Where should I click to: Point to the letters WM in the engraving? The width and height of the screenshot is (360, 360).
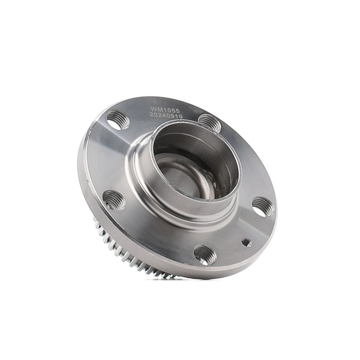point(156,110)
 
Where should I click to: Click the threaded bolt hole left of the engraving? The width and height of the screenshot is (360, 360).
point(118,120)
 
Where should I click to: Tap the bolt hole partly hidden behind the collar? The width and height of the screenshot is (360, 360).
point(209,122)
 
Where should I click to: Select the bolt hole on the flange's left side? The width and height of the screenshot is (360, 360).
point(113,199)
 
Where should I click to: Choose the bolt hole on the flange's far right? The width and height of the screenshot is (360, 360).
point(263,206)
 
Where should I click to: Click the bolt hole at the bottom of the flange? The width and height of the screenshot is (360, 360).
point(205,254)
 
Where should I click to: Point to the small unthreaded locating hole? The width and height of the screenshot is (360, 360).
point(246,242)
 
